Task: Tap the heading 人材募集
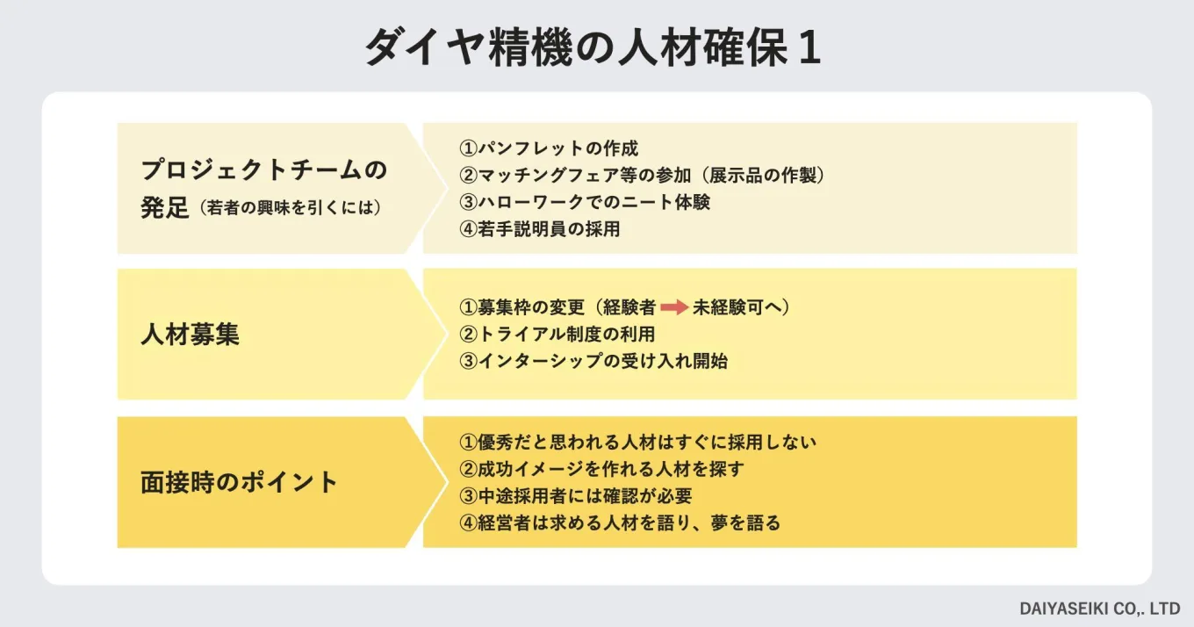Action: (190, 335)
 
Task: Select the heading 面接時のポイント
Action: (239, 483)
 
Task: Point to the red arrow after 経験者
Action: (674, 308)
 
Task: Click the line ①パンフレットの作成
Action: (549, 148)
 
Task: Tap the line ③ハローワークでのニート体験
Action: (585, 202)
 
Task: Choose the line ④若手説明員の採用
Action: (540, 229)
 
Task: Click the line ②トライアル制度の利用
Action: (557, 335)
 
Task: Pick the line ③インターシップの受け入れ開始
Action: (593, 361)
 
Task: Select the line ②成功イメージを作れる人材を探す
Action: (601, 469)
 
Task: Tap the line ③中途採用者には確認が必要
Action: (576, 496)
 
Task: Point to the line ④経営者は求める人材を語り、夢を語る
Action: (620, 523)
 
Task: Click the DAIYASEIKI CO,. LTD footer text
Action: (1100, 608)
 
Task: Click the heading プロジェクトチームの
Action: (263, 169)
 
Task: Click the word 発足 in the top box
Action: (165, 210)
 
